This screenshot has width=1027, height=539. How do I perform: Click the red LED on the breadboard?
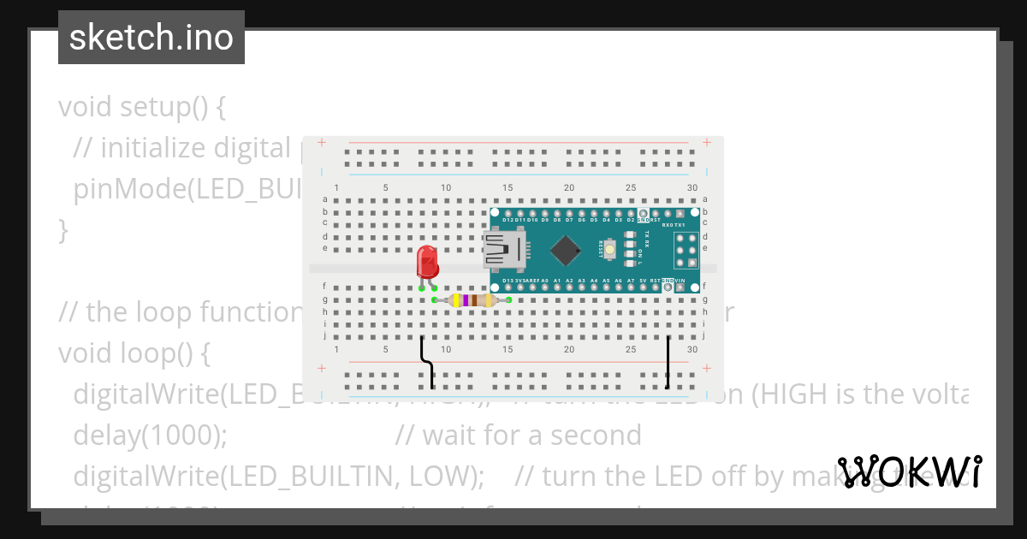(427, 263)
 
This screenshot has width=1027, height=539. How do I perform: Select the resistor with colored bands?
(472, 300)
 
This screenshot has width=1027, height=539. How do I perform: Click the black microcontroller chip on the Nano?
(565, 249)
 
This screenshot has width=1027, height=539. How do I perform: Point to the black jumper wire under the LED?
(427, 364)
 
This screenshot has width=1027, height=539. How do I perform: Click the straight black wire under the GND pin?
(668, 362)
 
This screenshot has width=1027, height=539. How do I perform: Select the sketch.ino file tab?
(151, 38)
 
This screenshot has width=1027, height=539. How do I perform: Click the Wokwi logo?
(910, 471)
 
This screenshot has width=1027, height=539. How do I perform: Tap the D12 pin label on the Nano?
(508, 220)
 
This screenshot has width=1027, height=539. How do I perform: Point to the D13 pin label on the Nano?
(508, 280)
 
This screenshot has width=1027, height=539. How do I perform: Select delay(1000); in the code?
(151, 435)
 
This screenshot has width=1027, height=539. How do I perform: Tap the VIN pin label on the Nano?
(680, 280)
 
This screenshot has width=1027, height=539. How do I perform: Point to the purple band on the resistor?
(465, 300)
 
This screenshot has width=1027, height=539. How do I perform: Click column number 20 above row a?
(569, 188)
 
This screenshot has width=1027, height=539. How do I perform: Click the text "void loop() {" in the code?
(134, 352)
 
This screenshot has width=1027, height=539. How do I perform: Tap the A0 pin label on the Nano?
(545, 280)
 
